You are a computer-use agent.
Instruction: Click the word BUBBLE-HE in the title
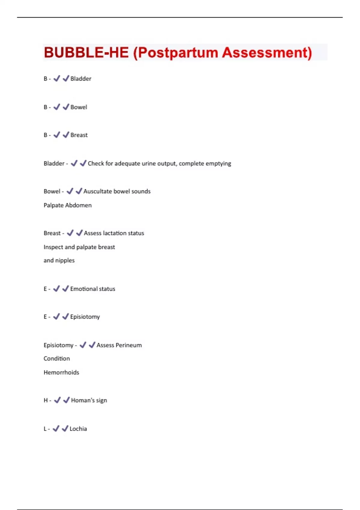86,52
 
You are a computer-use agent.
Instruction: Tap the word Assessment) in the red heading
267,52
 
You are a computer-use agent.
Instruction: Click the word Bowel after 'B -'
79,107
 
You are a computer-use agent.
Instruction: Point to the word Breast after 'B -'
79,135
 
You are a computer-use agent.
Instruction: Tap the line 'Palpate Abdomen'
67,205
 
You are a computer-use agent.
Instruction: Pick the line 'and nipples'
59,260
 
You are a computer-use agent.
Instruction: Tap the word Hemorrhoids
61,372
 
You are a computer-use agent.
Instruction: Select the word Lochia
78,429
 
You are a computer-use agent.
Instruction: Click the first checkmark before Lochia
56,429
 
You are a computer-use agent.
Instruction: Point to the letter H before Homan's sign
46,400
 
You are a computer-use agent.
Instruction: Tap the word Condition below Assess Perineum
57,358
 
